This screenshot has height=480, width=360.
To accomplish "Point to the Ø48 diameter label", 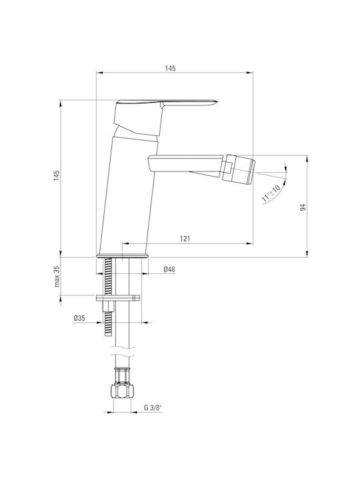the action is (x=169, y=269).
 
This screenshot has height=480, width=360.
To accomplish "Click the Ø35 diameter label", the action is (x=79, y=319).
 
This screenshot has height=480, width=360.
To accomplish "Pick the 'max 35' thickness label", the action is (x=57, y=277).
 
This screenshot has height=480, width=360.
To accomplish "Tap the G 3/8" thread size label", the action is (x=153, y=408).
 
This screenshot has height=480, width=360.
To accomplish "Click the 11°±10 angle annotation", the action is (x=271, y=193).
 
